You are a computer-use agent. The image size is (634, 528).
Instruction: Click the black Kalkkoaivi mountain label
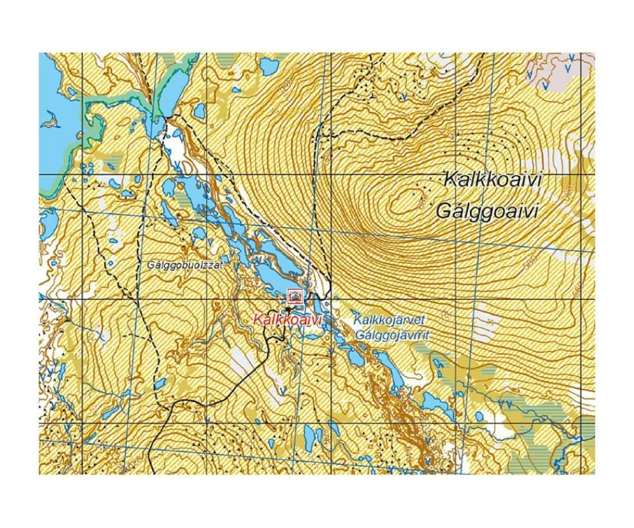coord(493,179)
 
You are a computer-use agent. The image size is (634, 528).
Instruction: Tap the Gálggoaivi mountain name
coord(487,211)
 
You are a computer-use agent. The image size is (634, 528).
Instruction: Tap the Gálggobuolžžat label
coord(184,265)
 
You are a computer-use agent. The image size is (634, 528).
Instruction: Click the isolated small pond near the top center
coord(267,66)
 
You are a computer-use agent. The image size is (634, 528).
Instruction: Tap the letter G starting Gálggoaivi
coord(443,211)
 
